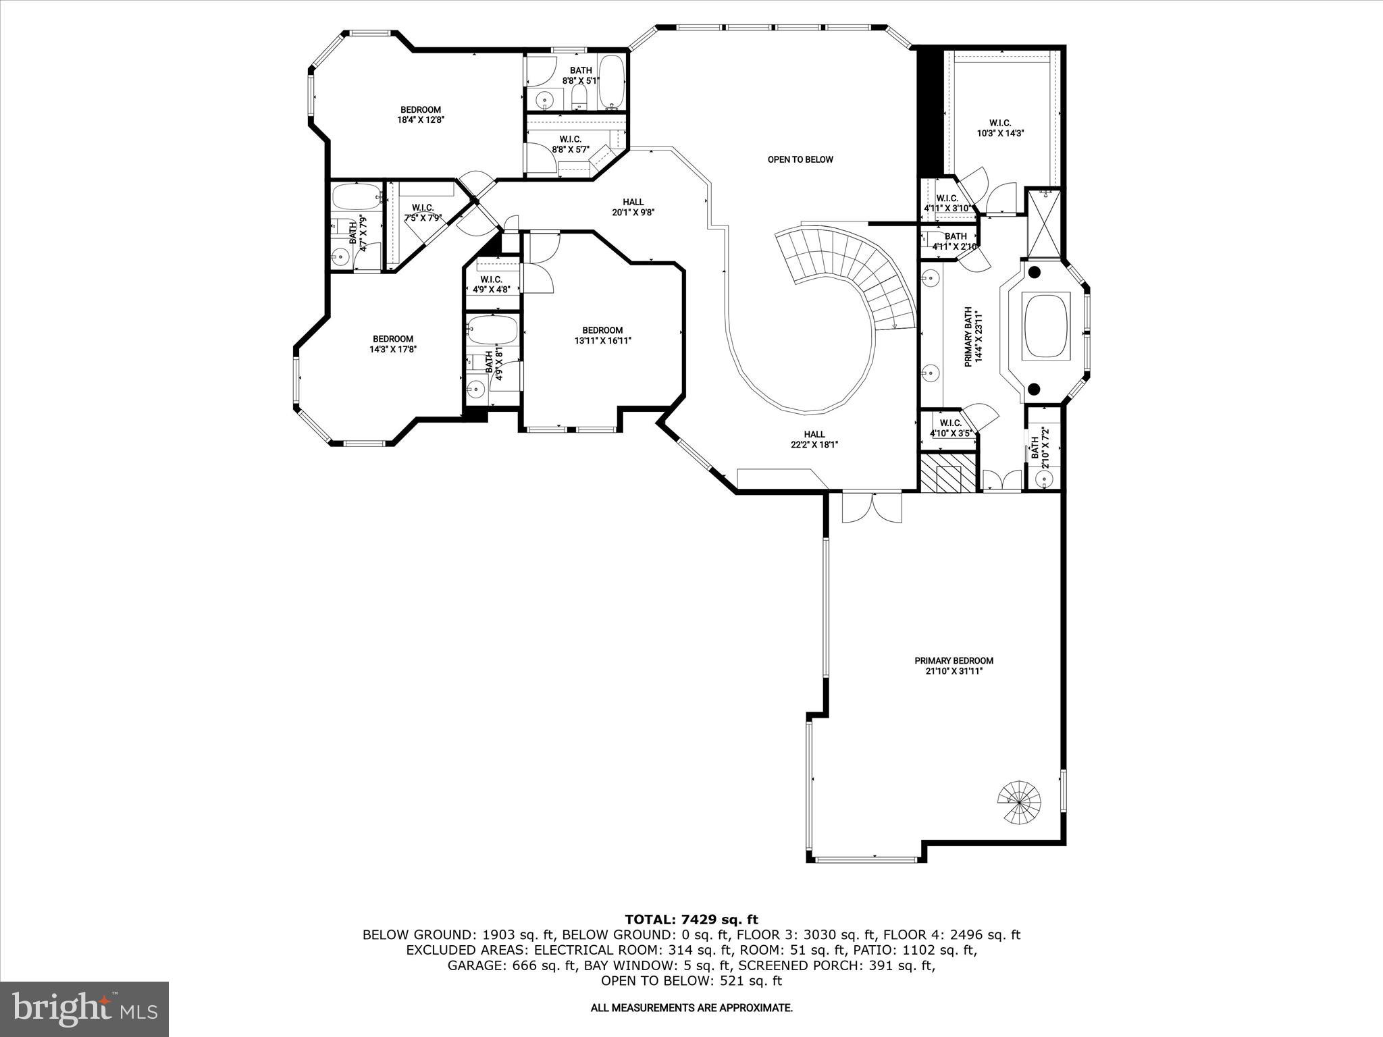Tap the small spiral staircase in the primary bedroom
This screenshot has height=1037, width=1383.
click(x=1020, y=802)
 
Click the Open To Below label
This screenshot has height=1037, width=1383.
click(x=800, y=160)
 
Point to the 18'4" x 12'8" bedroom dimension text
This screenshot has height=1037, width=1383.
click(x=420, y=120)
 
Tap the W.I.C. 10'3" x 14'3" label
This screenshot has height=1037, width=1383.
click(x=1000, y=128)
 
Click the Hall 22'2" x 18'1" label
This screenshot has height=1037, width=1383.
click(x=814, y=440)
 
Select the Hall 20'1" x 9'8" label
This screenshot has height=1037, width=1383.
click(x=633, y=207)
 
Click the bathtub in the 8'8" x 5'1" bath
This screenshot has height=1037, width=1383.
click(x=612, y=82)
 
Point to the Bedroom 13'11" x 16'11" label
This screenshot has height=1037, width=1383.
click(x=602, y=336)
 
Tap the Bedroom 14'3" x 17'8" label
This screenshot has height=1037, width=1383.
click(x=392, y=344)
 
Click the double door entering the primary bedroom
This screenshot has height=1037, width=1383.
click(x=872, y=508)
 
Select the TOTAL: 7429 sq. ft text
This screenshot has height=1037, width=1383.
click(x=691, y=920)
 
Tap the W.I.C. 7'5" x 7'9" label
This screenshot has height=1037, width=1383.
click(x=422, y=213)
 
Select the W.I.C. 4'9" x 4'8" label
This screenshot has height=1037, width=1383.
click(x=491, y=284)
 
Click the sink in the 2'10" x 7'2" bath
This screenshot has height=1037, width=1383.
click(x=1044, y=479)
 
